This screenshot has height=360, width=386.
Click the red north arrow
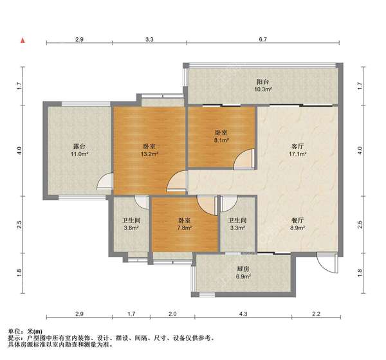[23, 40]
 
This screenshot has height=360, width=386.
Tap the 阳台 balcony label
[262, 82]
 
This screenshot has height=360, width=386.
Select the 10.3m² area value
[263, 89]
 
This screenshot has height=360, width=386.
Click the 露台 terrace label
[79, 147]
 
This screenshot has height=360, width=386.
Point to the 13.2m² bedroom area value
[149, 154]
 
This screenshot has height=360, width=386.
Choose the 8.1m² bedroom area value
[221, 140]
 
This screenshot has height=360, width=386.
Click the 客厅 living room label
[297, 147]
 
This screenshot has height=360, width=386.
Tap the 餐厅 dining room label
[297, 220]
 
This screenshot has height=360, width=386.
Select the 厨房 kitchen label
[243, 269]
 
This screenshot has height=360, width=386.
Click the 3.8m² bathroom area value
[131, 228]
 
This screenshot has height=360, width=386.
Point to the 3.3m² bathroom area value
[237, 228]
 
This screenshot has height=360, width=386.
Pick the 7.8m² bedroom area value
[185, 228]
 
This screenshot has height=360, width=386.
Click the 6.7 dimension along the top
[262, 39]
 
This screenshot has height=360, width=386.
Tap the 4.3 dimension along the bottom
[243, 314]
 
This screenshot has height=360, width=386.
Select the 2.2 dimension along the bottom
[316, 314]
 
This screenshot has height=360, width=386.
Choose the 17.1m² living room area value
[297, 154]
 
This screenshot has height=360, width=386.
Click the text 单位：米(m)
[25, 332]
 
